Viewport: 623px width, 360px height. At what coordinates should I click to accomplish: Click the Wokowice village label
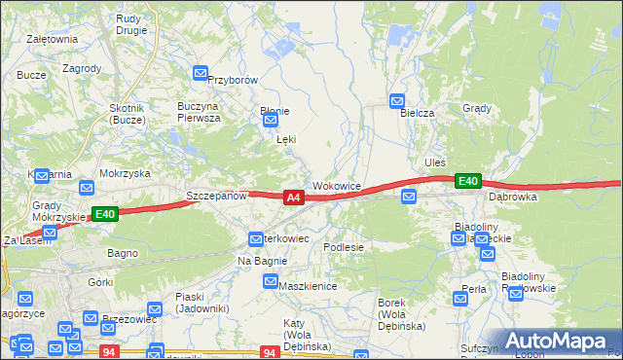point(337,185)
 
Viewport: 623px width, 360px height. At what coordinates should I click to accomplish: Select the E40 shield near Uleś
point(468,181)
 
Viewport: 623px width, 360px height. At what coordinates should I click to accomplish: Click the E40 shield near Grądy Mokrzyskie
point(105,214)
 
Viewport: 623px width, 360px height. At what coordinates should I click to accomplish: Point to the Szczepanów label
point(217,196)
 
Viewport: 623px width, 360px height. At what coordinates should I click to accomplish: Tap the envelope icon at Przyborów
point(201,73)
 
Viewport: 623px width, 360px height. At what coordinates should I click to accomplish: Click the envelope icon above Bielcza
point(397,100)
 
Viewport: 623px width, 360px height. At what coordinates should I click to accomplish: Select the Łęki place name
point(286,140)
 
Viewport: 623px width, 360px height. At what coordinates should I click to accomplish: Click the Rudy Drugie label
point(130,23)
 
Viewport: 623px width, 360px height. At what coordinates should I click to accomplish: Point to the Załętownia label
point(53,39)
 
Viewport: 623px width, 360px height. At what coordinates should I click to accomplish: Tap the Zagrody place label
point(82,68)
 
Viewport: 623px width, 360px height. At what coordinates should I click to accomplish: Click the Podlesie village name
point(344,247)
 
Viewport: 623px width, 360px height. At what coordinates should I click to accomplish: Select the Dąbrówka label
point(513,197)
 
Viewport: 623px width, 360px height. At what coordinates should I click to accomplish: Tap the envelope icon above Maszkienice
point(271,281)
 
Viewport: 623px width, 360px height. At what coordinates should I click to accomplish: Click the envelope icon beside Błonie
point(270,120)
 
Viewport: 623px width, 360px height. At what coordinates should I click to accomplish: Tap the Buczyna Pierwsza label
point(199,111)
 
